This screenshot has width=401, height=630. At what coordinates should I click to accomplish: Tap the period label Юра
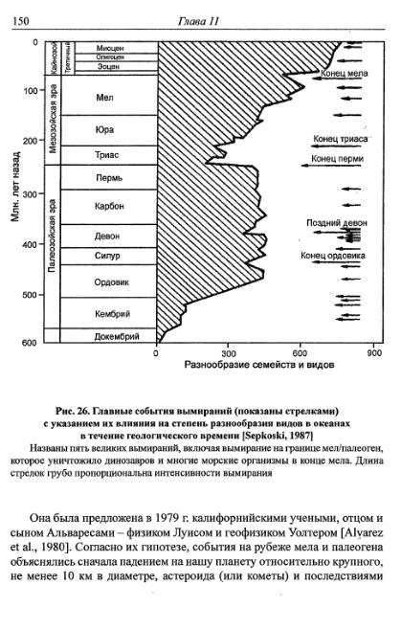(x=106, y=129)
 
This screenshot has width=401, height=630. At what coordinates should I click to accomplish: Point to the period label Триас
(x=106, y=154)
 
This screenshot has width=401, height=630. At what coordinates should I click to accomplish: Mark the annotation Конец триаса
(x=340, y=139)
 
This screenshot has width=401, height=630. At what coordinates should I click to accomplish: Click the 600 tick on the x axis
(x=300, y=352)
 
